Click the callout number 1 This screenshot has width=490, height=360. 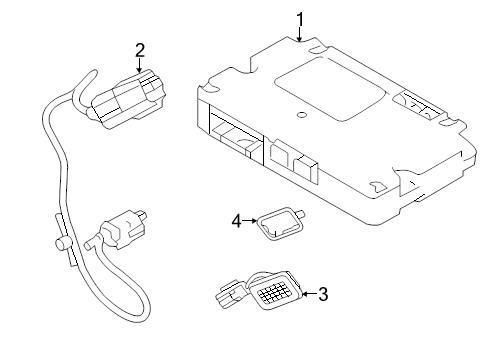pos(300,19)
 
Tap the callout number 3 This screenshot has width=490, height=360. pos(323,294)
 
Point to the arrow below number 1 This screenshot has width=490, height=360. pos(300,35)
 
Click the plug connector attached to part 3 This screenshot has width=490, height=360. pos(229,295)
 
